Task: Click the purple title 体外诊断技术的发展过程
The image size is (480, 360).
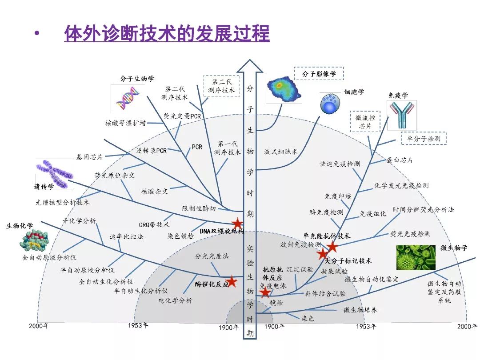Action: click(x=167, y=33)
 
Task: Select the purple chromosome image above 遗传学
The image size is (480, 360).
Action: click(x=55, y=174)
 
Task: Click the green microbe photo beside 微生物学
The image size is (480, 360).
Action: click(x=416, y=257)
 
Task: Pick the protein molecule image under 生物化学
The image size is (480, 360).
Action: click(x=34, y=241)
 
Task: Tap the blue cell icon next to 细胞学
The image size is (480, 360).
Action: click(x=330, y=104)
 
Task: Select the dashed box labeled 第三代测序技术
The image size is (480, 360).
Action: click(x=222, y=86)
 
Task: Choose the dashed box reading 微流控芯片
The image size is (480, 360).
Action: click(x=365, y=121)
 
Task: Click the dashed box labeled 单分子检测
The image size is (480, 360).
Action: click(x=424, y=138)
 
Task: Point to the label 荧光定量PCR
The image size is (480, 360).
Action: click(x=182, y=116)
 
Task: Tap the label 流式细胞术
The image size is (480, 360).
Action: click(x=281, y=152)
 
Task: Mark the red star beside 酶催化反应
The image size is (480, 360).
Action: click(x=232, y=281)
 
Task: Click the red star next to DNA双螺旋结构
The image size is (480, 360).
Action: click(x=237, y=224)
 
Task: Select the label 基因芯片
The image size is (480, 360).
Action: click(x=89, y=157)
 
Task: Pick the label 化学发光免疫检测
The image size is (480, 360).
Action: click(x=401, y=185)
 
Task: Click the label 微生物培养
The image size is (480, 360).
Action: click(x=360, y=310)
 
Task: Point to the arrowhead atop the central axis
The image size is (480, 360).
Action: click(x=250, y=66)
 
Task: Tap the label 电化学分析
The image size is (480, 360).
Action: click(x=176, y=300)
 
